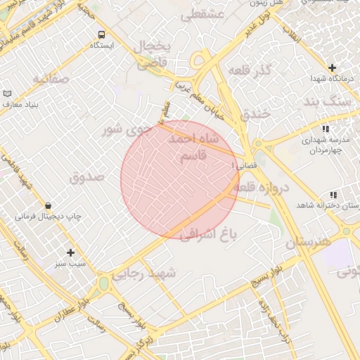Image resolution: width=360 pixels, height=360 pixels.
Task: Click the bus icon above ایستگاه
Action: click(102, 34)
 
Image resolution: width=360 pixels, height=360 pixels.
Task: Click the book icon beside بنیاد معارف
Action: click(8, 94)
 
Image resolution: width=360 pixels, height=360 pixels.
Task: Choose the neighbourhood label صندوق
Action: click(86, 176)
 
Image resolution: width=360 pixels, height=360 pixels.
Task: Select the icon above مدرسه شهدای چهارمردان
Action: click(325, 129)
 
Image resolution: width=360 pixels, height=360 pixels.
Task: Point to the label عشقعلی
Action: click(202, 14)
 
